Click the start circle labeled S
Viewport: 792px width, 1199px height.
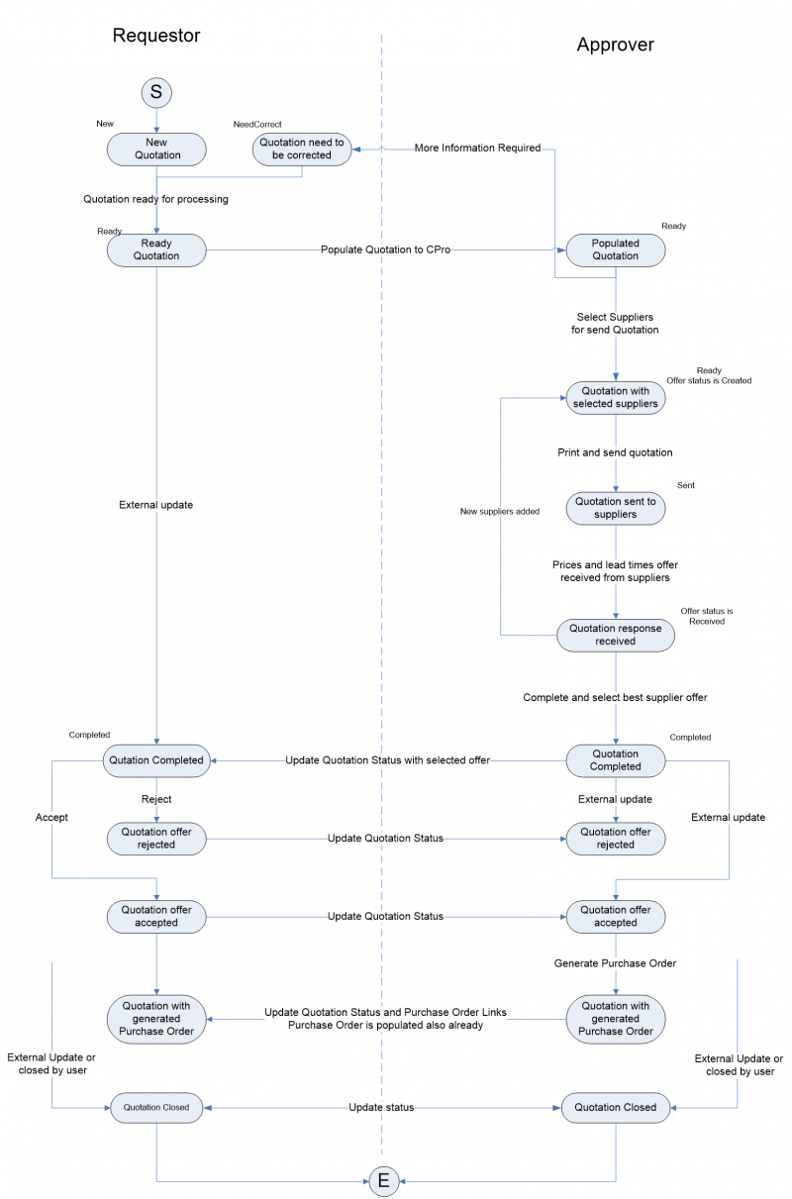(156, 92)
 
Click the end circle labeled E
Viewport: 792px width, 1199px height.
(383, 1181)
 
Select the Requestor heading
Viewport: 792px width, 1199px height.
(156, 36)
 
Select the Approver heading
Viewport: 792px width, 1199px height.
(615, 45)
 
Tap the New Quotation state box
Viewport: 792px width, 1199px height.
(156, 149)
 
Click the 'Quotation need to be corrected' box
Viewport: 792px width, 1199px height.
(302, 149)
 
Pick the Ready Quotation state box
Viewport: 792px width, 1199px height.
(156, 250)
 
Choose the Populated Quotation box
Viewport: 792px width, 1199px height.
(615, 250)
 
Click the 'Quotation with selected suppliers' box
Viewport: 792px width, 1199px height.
(615, 397)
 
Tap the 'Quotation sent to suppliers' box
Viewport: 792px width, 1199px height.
(615, 508)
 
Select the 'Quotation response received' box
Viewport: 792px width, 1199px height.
(615, 635)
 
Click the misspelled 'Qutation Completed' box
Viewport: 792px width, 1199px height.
(156, 760)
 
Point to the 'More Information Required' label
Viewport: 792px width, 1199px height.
(477, 149)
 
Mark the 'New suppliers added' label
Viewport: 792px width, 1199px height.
(500, 512)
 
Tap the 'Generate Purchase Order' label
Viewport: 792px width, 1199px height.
(615, 962)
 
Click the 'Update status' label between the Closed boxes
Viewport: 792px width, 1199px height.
(381, 1107)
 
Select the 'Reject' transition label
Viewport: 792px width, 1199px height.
(156, 798)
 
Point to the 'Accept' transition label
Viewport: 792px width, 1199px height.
(51, 818)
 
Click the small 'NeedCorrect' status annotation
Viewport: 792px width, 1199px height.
(257, 125)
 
